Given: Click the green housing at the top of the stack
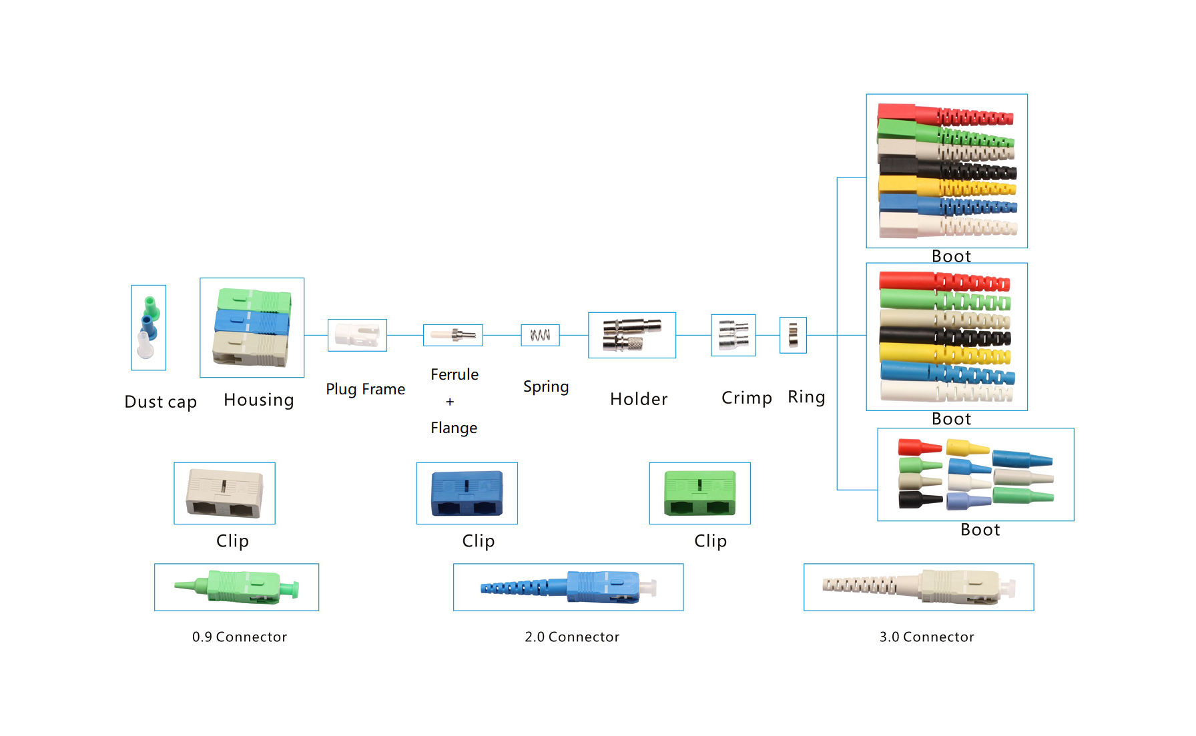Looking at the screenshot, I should click(254, 300).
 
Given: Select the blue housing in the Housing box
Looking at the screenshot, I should click(252, 323).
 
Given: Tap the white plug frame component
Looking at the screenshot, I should click(357, 334).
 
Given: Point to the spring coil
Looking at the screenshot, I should click(540, 335).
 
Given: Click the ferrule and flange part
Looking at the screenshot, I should click(453, 334).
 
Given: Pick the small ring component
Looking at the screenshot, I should click(793, 335).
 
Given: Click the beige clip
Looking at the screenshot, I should click(224, 493).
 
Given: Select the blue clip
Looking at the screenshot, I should click(467, 493).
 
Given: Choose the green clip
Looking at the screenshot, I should click(699, 493).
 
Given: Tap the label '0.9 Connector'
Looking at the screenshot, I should click(240, 637).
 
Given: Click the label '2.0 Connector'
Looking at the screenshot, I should click(572, 637).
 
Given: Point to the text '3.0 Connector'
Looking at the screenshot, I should click(926, 637).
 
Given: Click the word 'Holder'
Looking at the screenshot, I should click(639, 399).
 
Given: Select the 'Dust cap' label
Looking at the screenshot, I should click(161, 402).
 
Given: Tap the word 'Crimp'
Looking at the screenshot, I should click(746, 398).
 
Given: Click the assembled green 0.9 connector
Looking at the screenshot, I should click(237, 587).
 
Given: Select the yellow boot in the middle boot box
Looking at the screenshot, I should click(944, 354).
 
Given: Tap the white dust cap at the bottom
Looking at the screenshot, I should click(145, 345).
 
